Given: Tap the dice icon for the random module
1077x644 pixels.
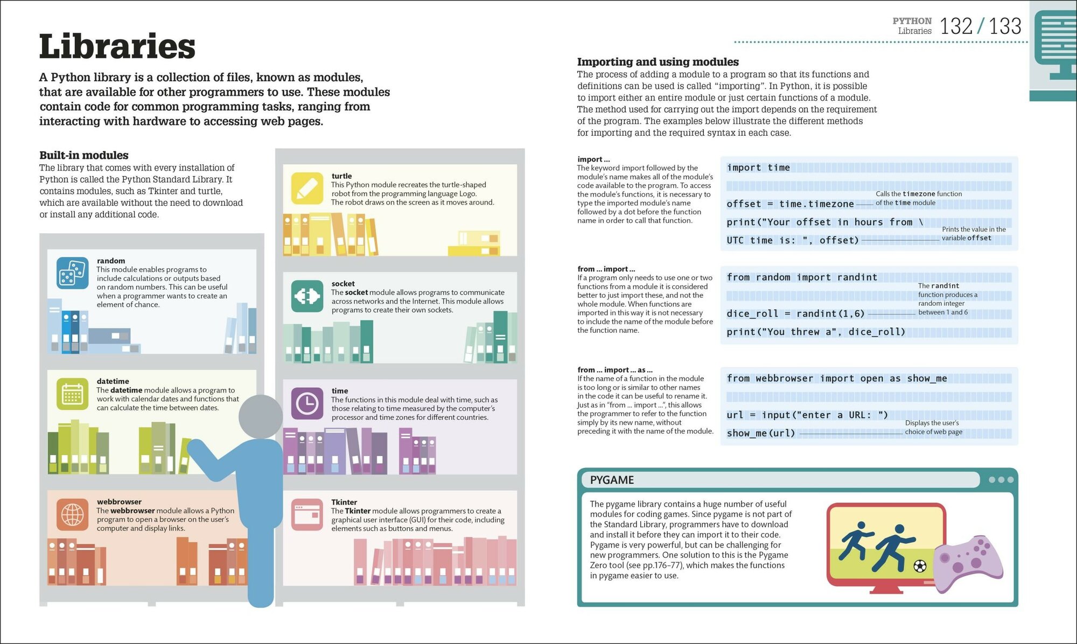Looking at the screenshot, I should click(x=72, y=273).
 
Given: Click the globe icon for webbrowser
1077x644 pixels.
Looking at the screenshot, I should click(x=72, y=514).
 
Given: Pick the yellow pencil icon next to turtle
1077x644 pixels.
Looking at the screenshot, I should click(x=307, y=188).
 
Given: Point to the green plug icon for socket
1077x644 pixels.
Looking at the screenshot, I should click(x=307, y=296).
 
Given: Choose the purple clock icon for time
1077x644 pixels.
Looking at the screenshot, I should click(x=307, y=403).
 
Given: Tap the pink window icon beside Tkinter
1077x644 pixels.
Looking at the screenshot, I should click(x=307, y=514).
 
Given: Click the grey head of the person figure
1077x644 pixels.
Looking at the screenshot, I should click(x=261, y=417).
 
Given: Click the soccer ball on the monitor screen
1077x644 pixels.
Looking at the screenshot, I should click(x=920, y=566).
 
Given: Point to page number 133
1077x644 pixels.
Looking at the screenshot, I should click(x=1005, y=26).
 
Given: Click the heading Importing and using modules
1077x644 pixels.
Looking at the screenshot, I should click(x=658, y=62).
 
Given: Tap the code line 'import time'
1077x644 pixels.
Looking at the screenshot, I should click(x=758, y=168).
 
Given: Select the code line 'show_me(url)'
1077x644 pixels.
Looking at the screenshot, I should click(x=760, y=433).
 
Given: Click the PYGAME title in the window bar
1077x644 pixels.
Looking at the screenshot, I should click(x=612, y=480).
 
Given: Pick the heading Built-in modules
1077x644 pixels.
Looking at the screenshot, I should click(x=83, y=156).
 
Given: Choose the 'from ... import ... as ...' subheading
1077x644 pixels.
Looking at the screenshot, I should click(x=614, y=370).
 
